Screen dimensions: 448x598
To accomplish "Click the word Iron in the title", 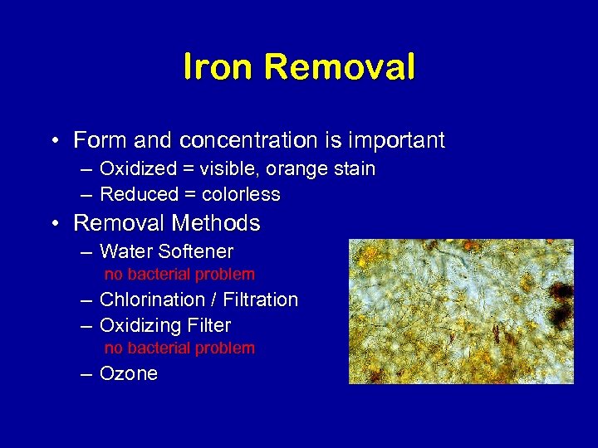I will click(216, 67).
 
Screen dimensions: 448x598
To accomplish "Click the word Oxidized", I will click(138, 169).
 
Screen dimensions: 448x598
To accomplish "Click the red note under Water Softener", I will click(179, 274).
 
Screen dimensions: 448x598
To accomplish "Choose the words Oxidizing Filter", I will click(165, 325).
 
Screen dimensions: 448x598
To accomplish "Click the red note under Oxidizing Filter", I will click(179, 348).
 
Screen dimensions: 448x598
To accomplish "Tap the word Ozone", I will click(129, 374).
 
